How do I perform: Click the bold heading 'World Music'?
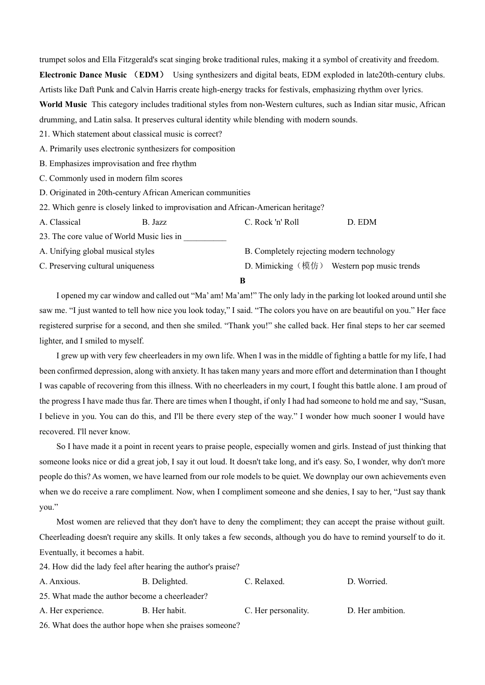click(63, 104)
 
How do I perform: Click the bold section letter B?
click(243, 281)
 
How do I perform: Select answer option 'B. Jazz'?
click(154, 222)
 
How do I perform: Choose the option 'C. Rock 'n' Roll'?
click(272, 222)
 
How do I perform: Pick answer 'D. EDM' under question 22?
click(361, 222)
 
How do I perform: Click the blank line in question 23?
click(205, 237)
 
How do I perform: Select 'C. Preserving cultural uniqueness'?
click(96, 266)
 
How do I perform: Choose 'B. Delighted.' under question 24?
click(164, 582)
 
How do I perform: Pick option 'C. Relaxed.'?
click(264, 582)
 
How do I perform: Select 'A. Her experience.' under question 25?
click(71, 611)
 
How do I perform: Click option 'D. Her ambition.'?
click(376, 611)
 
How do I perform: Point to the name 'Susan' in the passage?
click(433, 401)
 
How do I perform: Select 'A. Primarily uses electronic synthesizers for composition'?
click(137, 149)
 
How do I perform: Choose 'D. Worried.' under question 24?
click(367, 582)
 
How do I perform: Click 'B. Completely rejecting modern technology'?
click(320, 251)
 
